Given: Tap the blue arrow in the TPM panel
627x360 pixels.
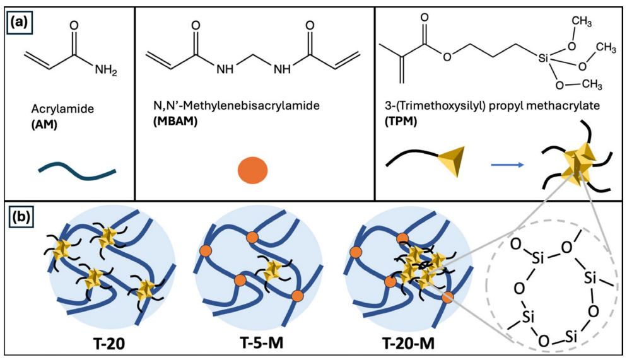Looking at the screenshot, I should [x=508, y=165].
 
